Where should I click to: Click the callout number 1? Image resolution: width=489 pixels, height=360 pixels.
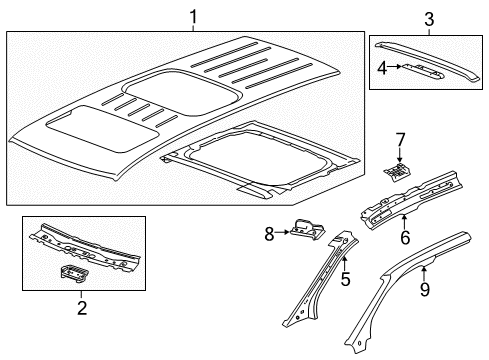tap(193, 17)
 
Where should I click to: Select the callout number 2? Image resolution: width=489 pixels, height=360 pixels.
tap(82, 308)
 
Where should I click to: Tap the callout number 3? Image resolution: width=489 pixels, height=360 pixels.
tap(429, 19)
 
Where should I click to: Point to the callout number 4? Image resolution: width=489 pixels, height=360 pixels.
tap(382, 68)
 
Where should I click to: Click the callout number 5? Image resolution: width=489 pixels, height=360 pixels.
tap(346, 279)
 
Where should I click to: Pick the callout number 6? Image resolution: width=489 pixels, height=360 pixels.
tap(405, 237)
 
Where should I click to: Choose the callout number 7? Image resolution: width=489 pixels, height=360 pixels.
tap(400, 140)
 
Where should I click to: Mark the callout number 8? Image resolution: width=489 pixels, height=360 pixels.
tap(269, 234)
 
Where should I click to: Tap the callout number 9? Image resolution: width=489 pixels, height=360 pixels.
tap(424, 289)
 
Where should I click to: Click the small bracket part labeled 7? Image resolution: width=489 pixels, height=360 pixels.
tap(397, 172)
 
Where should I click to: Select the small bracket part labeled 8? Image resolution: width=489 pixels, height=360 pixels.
tap(308, 229)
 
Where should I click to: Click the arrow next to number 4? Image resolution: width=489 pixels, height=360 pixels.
tap(394, 66)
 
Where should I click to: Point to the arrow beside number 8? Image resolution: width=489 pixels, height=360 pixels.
tap(282, 232)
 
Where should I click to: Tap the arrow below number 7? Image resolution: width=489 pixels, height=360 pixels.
tap(400, 155)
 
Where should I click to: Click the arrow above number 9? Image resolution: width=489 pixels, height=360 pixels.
tap(424, 274)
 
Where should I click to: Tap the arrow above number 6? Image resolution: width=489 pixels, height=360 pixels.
tap(404, 222)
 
